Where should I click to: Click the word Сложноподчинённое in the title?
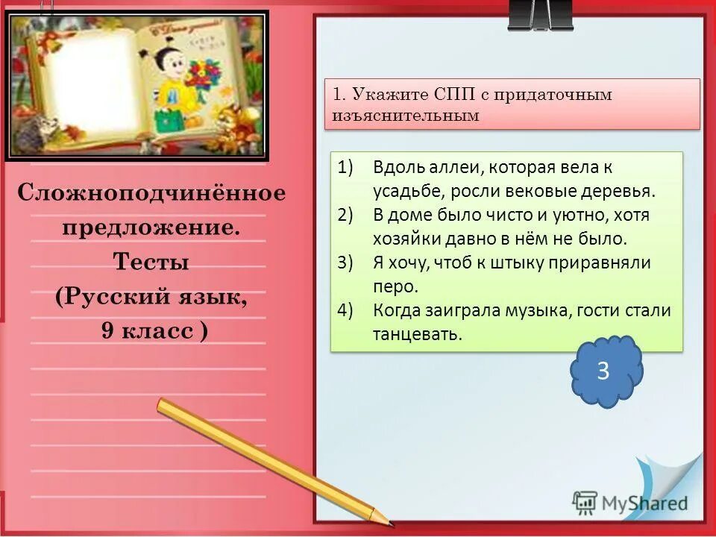[151, 194]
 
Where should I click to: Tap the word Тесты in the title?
[151, 263]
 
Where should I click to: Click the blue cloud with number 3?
[604, 371]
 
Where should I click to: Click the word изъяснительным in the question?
[405, 116]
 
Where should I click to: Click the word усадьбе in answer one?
[403, 191]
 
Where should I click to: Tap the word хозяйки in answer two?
[406, 239]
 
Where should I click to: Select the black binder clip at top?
[540, 15]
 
